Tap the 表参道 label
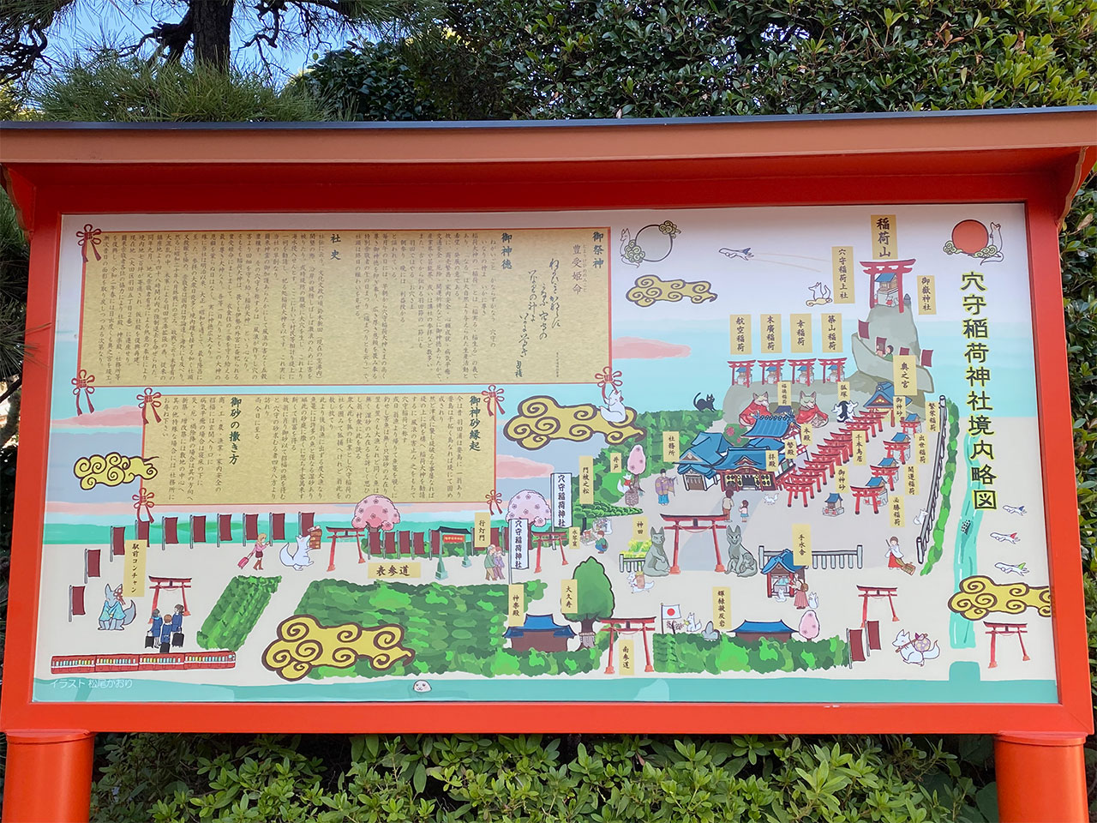tap(389, 568)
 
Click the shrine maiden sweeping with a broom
tap(895, 553)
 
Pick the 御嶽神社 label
tap(926, 297)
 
